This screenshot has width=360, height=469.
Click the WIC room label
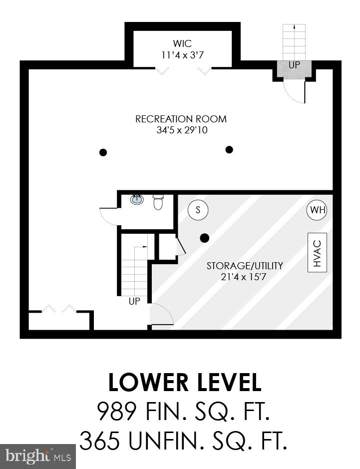pos(182,44)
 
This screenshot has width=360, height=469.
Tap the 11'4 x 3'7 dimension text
pos(182,55)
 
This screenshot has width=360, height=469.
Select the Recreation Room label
pos(181,119)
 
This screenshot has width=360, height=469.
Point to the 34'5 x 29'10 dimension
pos(181,131)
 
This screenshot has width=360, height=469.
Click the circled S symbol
pos(198,210)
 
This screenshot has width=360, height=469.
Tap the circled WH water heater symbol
pos(317,210)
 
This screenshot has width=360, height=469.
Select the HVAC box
pos(317,252)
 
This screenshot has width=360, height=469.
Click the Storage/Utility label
pos(245,266)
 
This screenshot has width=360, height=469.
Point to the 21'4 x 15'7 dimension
pos(245,277)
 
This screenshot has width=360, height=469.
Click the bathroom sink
pos(137,199)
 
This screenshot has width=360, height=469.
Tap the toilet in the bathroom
pos(158,202)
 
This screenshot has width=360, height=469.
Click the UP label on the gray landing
pos(294,65)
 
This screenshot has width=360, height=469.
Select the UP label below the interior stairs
pos(134,301)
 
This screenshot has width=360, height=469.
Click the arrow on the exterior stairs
pos(294,28)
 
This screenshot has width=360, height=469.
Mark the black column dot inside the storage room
pos(204,238)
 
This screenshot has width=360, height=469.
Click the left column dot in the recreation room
pos(103,152)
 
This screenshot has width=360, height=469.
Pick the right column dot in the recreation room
pos(229,149)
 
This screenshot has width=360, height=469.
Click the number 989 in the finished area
pos(116,413)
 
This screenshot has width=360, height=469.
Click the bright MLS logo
pos(38,456)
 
